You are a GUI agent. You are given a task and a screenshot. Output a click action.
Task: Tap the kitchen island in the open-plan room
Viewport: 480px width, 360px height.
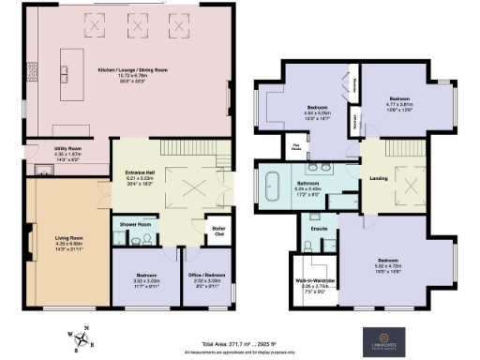click(x=65, y=68)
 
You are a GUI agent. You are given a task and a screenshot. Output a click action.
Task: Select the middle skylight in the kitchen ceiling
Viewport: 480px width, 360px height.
click(x=129, y=23)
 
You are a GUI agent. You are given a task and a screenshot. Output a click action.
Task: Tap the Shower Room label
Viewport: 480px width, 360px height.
click(x=134, y=224)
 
